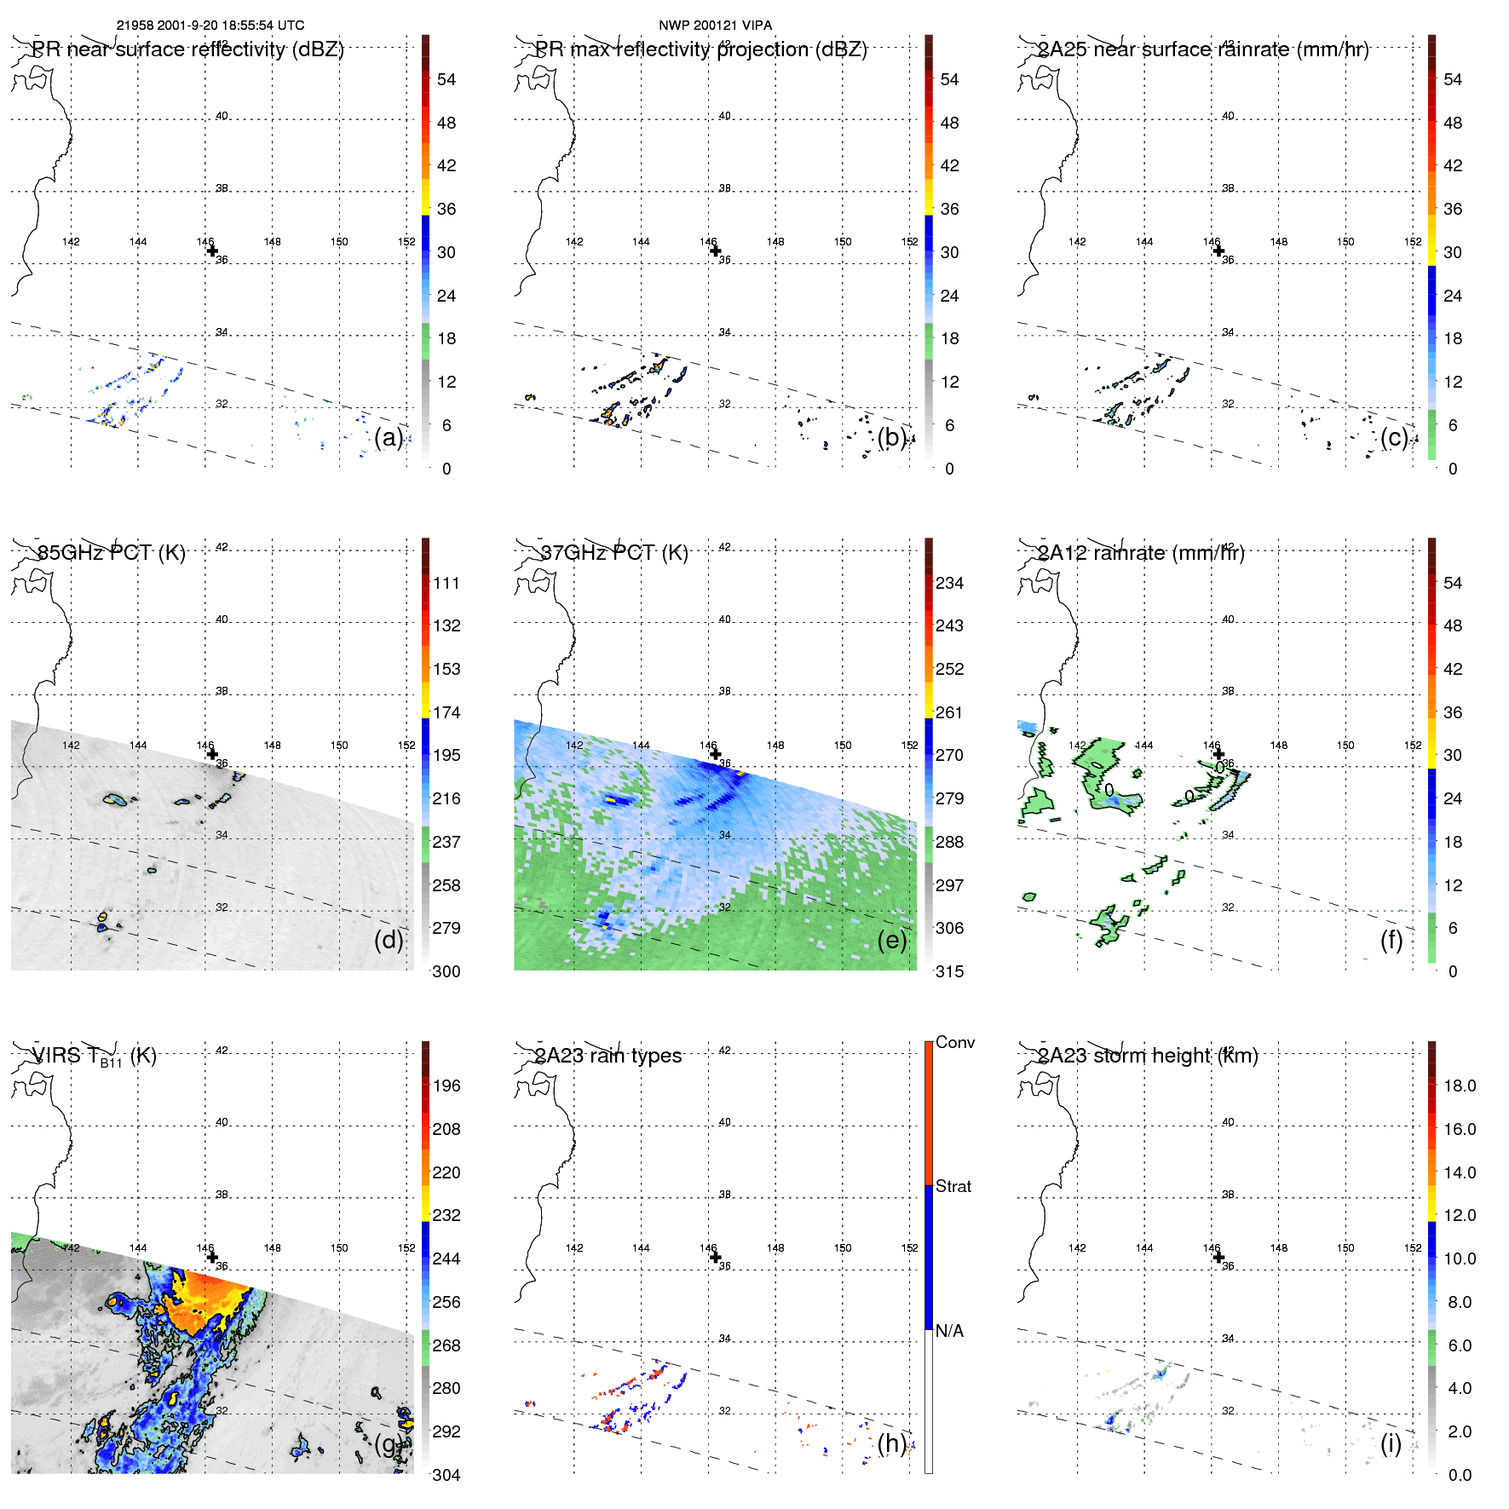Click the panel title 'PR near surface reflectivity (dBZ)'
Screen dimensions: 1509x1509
[187, 49]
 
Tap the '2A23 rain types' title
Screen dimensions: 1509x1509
[608, 1056]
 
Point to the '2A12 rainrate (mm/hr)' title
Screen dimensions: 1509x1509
[1140, 553]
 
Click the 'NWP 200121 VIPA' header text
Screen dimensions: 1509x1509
[715, 26]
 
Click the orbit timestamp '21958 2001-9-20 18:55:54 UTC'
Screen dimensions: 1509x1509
[210, 26]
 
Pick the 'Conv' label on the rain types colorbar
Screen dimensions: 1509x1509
[954, 1042]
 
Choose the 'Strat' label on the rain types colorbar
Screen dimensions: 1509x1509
[953, 1186]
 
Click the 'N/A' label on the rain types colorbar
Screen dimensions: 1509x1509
[949, 1331]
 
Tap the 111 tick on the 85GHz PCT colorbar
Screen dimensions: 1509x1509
[446, 583]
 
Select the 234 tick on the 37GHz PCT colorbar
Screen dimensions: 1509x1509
[949, 583]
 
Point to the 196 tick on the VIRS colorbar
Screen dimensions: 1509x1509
[446, 1086]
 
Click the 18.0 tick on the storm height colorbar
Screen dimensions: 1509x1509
[1459, 1086]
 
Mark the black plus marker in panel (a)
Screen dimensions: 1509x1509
[212, 251]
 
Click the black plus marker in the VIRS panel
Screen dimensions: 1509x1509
[212, 1257]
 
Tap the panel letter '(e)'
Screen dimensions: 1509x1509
[891, 940]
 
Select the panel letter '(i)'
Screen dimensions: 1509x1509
[1391, 1443]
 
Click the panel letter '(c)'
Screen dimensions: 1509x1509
[1394, 437]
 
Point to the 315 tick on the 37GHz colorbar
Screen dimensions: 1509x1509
[949, 971]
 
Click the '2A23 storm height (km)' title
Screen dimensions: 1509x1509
[1147, 1056]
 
